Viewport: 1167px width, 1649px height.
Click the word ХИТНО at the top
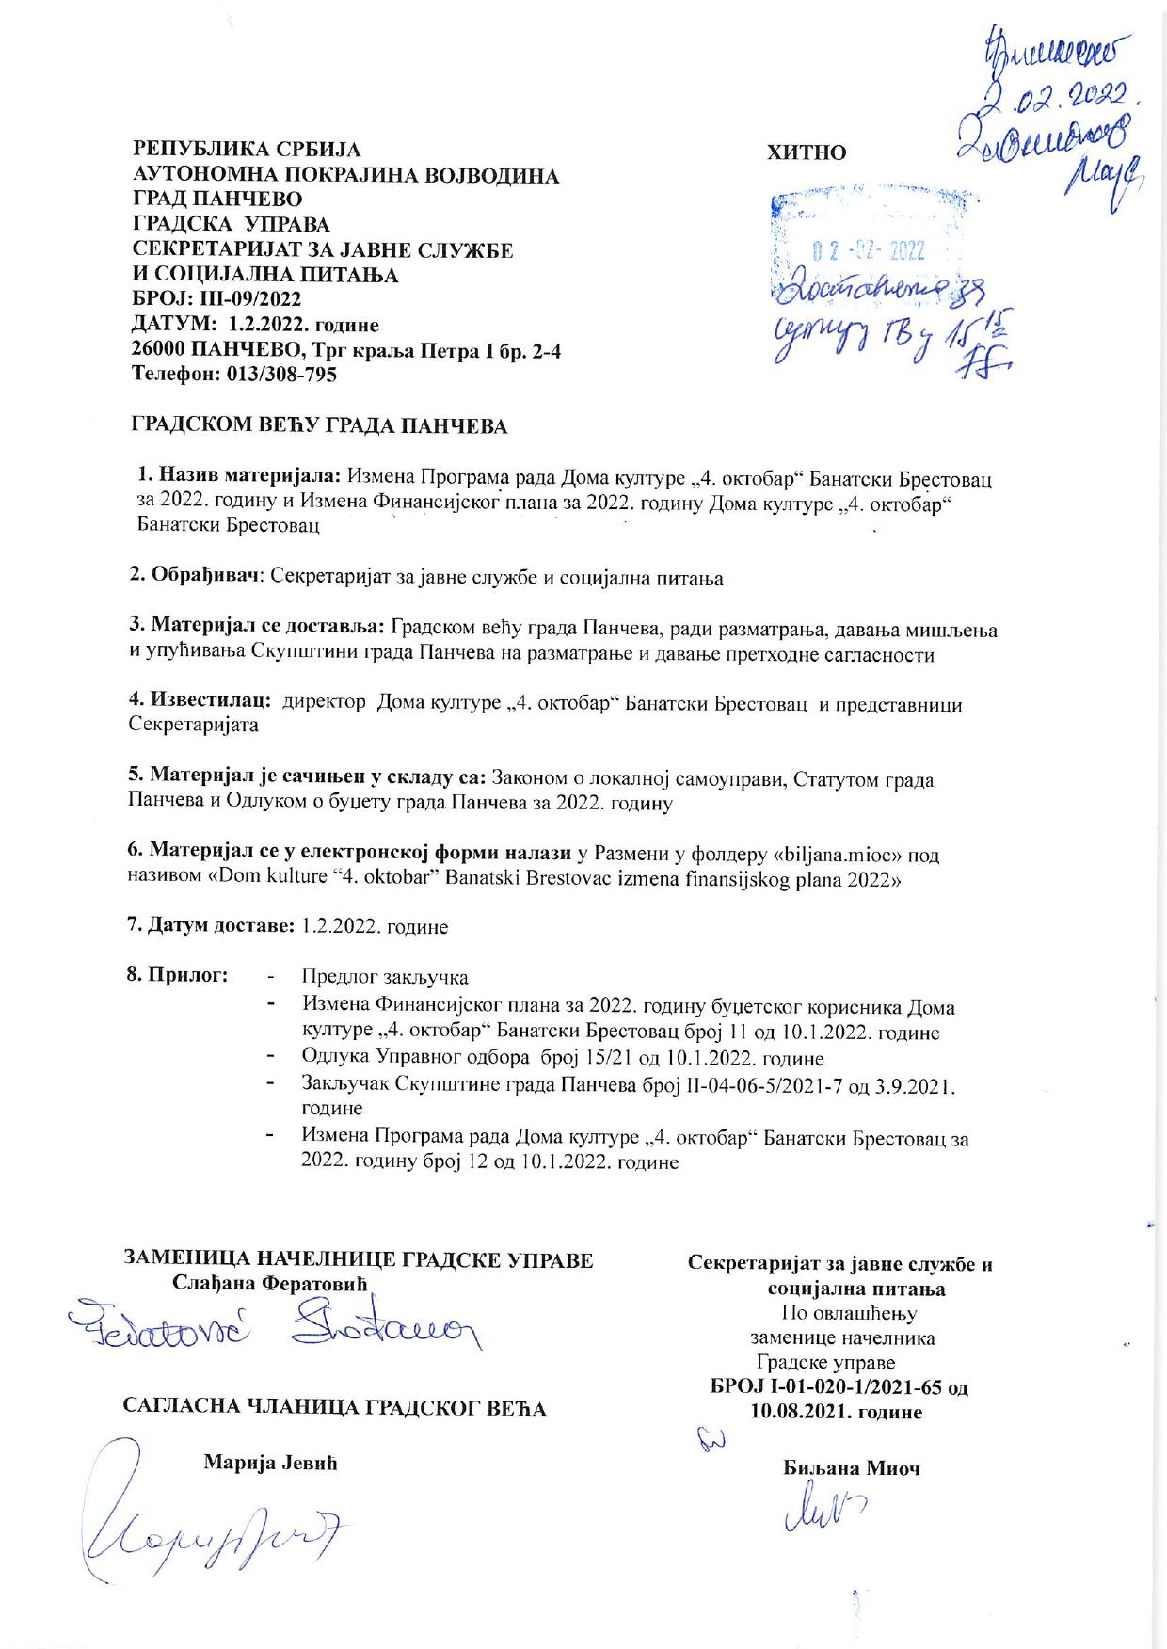[x=807, y=152]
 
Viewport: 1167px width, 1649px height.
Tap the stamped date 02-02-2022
[x=867, y=251]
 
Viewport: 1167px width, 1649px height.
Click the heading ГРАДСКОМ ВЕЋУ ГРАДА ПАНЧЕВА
[x=318, y=426]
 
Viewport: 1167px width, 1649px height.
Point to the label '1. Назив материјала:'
[x=242, y=478]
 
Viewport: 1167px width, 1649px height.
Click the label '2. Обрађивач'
[x=193, y=577]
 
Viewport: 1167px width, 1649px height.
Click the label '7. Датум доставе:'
[x=211, y=926]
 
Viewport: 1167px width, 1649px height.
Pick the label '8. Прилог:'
[x=178, y=974]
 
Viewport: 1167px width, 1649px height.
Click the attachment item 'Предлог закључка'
[x=384, y=977]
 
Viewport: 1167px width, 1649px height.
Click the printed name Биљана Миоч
[x=850, y=1467]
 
